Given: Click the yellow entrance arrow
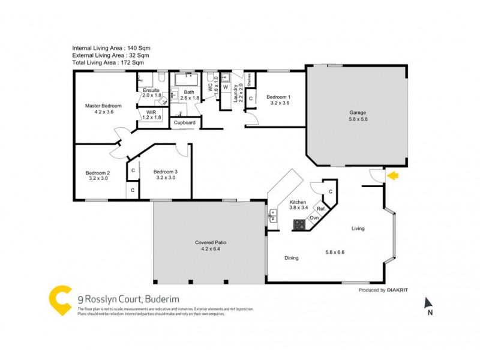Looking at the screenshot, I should (393, 176).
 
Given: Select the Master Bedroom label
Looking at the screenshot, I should (103, 106).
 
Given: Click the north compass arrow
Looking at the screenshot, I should (428, 303).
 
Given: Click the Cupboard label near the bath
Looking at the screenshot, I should (184, 122).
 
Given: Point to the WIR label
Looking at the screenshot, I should (150, 112).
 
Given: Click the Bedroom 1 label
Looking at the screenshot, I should (278, 97).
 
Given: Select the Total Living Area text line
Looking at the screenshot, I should (108, 62).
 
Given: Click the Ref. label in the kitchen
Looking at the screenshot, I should (321, 209).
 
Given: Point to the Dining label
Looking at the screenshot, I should (291, 258).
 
